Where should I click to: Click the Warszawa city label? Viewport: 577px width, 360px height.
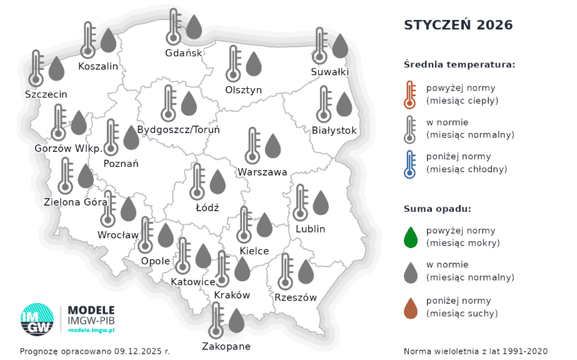coord(262,172)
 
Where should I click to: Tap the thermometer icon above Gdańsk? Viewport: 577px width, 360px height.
coord(174,26)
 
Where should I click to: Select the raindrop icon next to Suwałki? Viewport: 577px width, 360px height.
coord(339,46)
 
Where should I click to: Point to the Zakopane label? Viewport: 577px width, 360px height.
coord(226,346)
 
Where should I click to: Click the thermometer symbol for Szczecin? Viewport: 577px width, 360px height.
coord(37,67)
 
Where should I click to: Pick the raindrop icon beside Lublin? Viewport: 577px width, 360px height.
coord(320,202)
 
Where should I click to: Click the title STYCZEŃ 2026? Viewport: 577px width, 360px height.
coord(458,25)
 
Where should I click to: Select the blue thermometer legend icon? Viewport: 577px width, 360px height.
coord(410,164)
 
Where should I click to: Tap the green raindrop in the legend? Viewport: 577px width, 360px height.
coord(411,237)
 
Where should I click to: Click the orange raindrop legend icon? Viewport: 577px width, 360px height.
coord(411,307)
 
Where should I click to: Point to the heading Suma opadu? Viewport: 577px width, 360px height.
coord(437,209)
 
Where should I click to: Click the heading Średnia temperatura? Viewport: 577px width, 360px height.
coord(459,64)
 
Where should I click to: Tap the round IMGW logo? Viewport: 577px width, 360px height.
coord(38,319)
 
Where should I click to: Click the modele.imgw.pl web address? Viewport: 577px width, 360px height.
coord(91,329)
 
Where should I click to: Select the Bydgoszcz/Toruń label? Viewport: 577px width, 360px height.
coord(178,130)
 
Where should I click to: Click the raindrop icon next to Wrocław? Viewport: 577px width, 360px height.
coord(128,209)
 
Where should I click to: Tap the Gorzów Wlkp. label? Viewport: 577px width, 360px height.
coord(68,149)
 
